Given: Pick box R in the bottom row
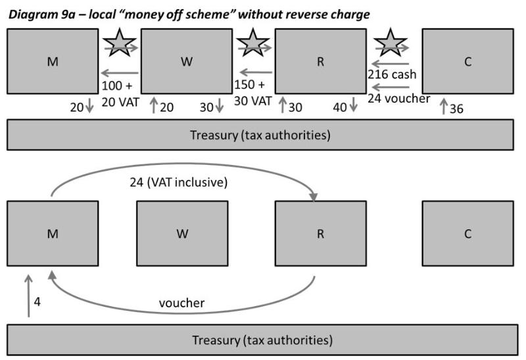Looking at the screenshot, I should pos(320,234).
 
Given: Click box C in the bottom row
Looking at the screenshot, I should pos(467,234).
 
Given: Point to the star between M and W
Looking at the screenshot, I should pos(118,43).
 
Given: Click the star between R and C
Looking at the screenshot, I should pos(390,43).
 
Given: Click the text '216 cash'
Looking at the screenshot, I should pos(391,75).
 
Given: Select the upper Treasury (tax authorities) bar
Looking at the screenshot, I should pos(260,135).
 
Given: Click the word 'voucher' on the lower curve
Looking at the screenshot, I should pos(182,304).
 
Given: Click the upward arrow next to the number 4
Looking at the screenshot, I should pos(28,296).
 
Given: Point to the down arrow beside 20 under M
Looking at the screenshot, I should pos(90,106).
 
